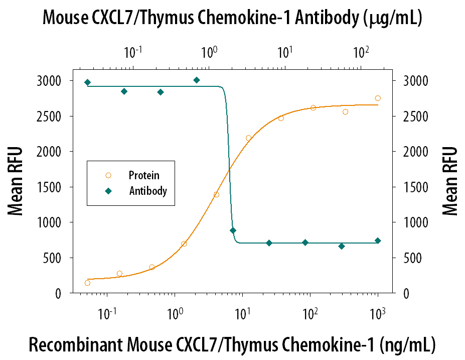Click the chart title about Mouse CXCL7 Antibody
[x=232, y=18]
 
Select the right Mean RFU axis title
[x=450, y=181]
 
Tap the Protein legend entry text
[x=144, y=175]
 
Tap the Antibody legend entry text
[x=148, y=191]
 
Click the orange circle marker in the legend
[x=108, y=175]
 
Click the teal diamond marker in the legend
[x=108, y=191]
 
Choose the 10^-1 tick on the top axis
[x=133, y=51]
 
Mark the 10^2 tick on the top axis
[x=361, y=51]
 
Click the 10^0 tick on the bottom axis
[x=174, y=313]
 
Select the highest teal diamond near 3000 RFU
[x=197, y=80]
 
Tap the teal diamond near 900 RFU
[x=233, y=230]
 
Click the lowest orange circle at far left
[x=88, y=283]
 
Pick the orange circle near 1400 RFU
[x=216, y=194]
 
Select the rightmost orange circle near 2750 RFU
[x=378, y=98]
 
